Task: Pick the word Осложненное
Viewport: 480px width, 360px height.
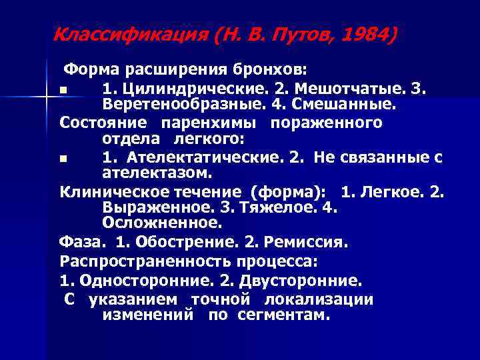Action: [162, 222]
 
